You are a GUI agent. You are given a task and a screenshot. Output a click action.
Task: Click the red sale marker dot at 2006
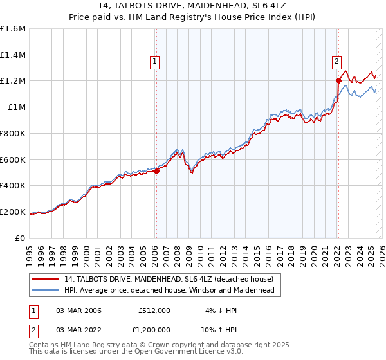[x=156, y=171]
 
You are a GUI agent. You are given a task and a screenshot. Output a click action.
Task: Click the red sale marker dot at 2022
[x=338, y=80]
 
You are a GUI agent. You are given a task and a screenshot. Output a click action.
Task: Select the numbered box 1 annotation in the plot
[x=156, y=62]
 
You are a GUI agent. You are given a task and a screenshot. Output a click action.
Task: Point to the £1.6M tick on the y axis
[x=14, y=29]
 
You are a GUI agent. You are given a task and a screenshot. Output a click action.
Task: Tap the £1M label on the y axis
[x=17, y=107]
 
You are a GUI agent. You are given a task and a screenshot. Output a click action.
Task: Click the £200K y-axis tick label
[x=14, y=212]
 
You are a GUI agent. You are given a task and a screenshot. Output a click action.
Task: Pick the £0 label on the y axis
[x=21, y=238]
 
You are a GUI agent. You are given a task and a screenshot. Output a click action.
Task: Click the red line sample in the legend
[x=46, y=279]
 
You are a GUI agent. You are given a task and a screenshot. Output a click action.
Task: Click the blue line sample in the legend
[x=46, y=290]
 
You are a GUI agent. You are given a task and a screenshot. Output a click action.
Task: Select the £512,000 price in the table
[x=154, y=310]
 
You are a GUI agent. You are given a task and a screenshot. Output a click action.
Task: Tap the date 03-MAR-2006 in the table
[x=78, y=310]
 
